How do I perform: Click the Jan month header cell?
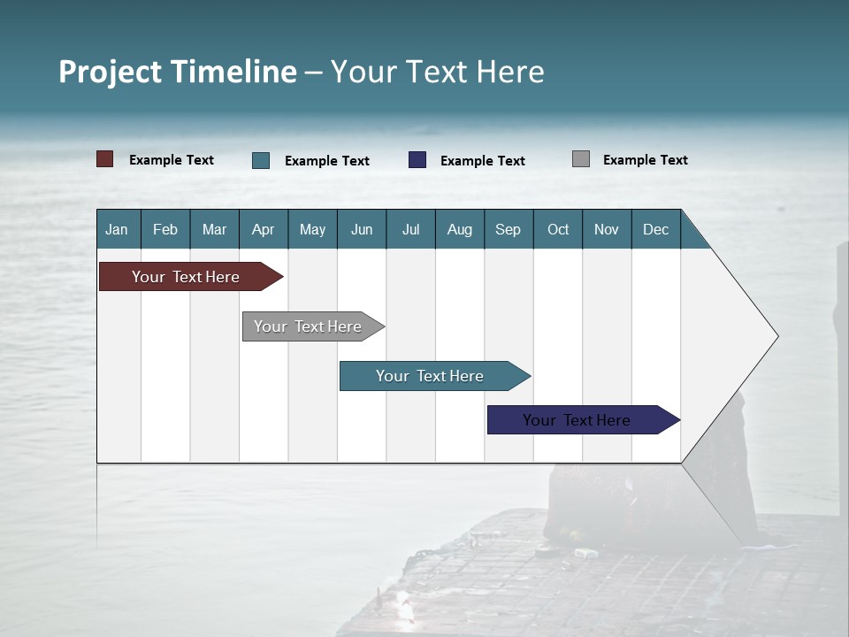pyautogui.click(x=118, y=229)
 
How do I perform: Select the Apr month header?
pyautogui.click(x=264, y=229)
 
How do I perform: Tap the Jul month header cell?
pyautogui.click(x=411, y=229)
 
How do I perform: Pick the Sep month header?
pyautogui.click(x=509, y=229)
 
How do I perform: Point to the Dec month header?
pyautogui.click(x=656, y=229)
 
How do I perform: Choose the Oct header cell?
pyautogui.click(x=558, y=229)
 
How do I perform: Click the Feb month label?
pyautogui.click(x=165, y=229)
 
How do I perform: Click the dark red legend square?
pyautogui.click(x=104, y=159)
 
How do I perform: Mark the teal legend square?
pyautogui.click(x=261, y=160)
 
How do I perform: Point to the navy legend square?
pyautogui.click(x=417, y=160)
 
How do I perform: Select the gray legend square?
pyautogui.click(x=581, y=159)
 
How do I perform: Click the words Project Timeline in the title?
pyautogui.click(x=177, y=72)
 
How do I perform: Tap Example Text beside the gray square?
pyautogui.click(x=646, y=160)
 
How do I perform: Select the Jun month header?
pyautogui.click(x=362, y=229)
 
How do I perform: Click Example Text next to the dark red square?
pyautogui.click(x=172, y=160)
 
